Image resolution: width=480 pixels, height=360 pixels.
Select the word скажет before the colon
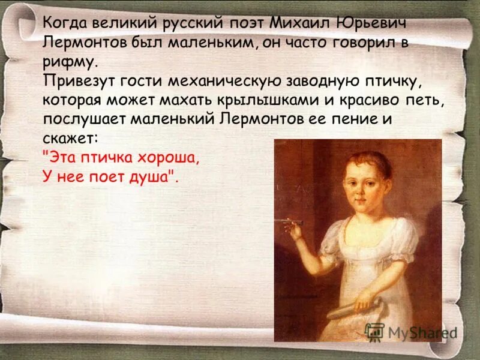click(67, 138)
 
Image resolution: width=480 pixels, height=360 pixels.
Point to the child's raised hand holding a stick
click(296, 229)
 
